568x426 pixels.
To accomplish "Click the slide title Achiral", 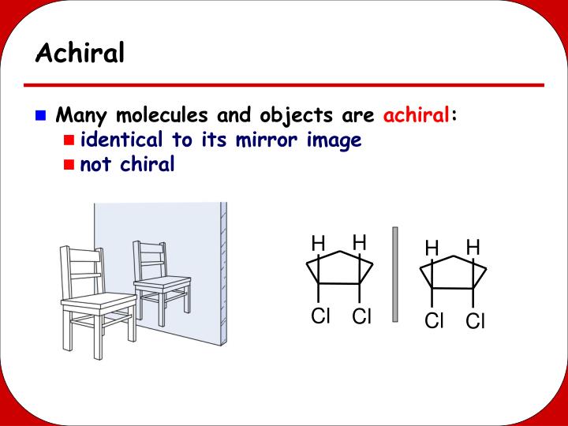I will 80,54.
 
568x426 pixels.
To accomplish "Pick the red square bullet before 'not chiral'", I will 69,165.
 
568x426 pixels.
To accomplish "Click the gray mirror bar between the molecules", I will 395,274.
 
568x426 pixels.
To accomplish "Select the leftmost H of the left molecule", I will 318,243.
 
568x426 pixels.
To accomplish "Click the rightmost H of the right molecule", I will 473,248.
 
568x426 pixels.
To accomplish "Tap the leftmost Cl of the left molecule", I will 320,316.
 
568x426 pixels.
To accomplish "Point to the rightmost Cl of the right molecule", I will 475,321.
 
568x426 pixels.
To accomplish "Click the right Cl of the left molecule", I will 361,316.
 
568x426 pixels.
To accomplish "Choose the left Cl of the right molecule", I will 434,321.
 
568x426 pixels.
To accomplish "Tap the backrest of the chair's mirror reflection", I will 150,257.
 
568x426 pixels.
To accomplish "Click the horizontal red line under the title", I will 284,84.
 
